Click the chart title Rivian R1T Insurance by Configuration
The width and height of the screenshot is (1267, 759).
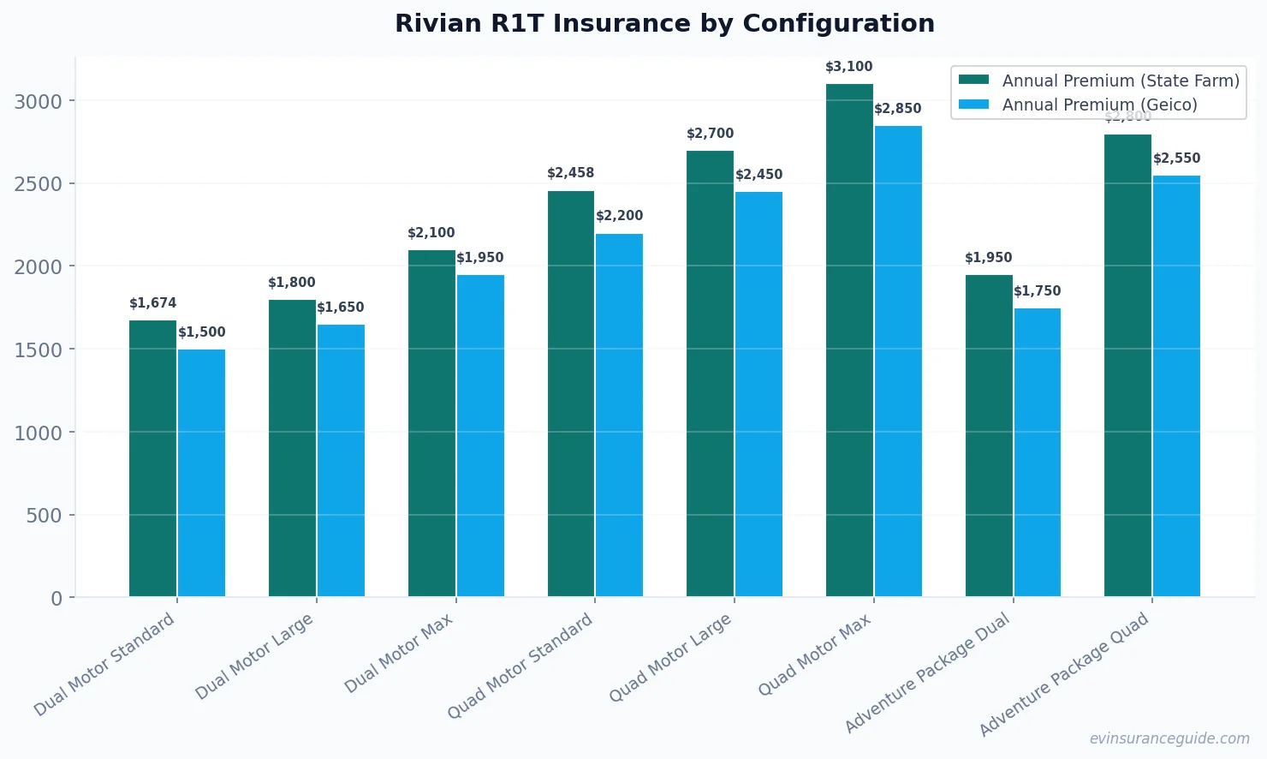pos(664,23)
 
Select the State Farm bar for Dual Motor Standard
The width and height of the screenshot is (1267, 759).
pos(152,458)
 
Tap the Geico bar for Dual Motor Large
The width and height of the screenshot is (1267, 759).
pos(341,460)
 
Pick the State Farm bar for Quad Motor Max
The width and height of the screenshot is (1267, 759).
pos(849,340)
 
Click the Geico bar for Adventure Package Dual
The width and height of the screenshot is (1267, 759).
pos(1037,452)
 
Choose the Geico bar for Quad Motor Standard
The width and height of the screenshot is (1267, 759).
pos(619,415)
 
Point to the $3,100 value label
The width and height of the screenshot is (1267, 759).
pos(848,67)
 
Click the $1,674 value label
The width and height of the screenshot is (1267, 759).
pos(152,303)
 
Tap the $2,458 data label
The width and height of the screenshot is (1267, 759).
pos(570,173)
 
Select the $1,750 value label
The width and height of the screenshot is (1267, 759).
pos(1037,291)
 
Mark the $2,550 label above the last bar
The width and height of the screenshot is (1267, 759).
pos(1176,158)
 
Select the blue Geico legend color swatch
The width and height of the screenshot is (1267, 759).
pos(973,105)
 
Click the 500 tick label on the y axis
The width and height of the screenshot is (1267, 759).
pos(44,516)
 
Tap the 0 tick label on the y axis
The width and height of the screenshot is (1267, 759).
pos(57,599)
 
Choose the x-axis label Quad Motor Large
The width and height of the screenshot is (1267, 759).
pos(670,658)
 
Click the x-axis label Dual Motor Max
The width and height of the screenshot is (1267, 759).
pos(399,654)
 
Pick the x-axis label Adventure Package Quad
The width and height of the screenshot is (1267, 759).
pos(1063,675)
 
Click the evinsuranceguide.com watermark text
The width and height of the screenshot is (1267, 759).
pos(1169,738)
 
